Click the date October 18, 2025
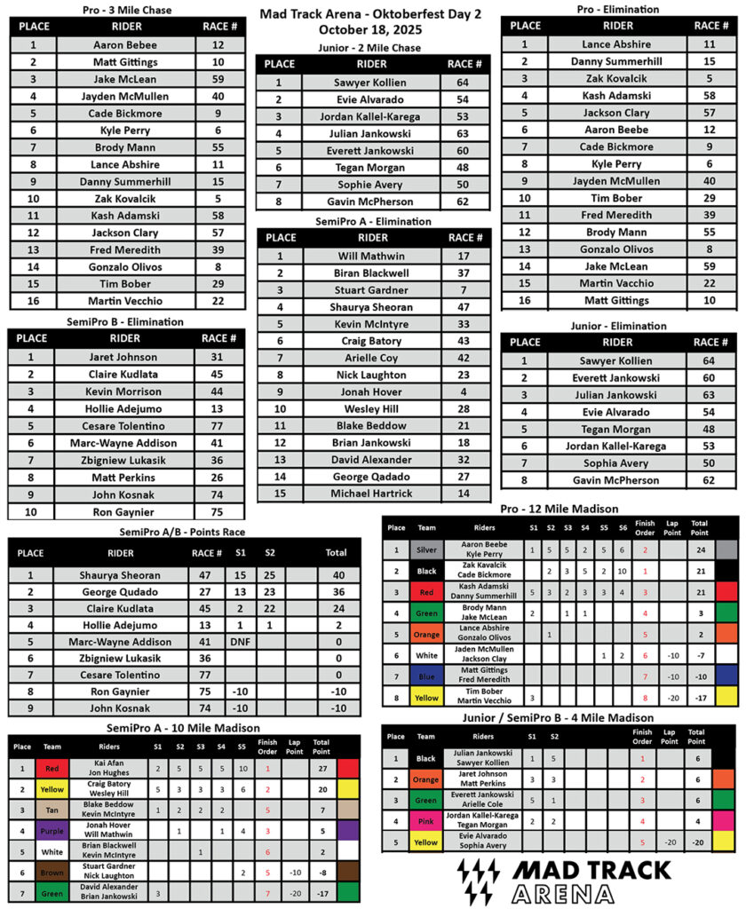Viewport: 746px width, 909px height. (372, 28)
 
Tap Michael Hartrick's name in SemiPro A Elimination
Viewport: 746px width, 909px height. (371, 494)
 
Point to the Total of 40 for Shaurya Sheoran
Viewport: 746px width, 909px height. (336, 575)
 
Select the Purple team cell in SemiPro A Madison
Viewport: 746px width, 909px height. (50, 832)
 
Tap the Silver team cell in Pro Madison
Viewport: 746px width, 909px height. (426, 549)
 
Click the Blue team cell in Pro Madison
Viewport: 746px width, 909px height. (426, 675)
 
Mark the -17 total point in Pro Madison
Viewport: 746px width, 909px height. (699, 698)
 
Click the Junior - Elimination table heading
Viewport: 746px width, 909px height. (618, 326)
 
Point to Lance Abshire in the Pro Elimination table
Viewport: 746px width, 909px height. (616, 43)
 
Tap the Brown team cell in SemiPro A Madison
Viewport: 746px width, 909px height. (50, 873)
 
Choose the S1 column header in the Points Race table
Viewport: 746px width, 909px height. (240, 552)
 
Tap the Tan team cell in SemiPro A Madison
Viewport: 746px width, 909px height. (50, 810)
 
